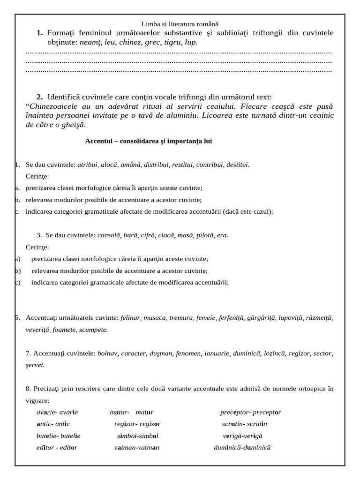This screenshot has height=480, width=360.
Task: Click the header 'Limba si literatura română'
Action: (x=180, y=24)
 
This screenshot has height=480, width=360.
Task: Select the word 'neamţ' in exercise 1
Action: (x=90, y=42)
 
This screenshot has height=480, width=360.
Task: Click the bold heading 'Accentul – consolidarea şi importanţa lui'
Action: (x=149, y=141)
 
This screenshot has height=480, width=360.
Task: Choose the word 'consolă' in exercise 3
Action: (x=109, y=235)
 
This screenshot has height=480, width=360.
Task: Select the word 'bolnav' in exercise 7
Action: (x=107, y=353)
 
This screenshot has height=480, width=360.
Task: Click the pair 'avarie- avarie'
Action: (x=57, y=412)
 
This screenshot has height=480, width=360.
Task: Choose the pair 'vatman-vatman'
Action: (x=137, y=448)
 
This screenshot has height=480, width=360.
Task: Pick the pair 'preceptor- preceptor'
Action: (x=250, y=412)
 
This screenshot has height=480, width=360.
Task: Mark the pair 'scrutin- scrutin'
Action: (x=245, y=424)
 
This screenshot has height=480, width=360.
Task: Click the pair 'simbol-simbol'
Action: (x=138, y=436)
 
